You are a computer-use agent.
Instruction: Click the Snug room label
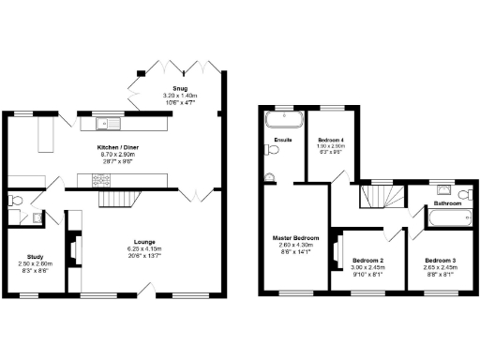click(179, 89)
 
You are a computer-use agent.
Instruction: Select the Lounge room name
click(143, 242)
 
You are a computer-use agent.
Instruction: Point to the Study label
click(36, 256)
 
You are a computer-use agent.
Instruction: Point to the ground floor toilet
click(16, 201)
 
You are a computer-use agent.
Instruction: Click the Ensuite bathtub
click(282, 119)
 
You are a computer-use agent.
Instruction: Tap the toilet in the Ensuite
click(270, 175)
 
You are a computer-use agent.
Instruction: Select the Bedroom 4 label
click(330, 139)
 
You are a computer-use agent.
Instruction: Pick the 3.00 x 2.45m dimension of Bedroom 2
click(367, 267)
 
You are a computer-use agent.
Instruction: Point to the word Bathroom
click(445, 203)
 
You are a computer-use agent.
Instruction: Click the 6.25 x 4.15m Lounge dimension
click(143, 249)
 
